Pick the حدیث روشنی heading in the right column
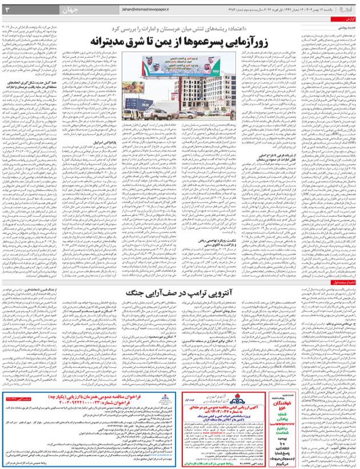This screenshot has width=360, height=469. click(x=346, y=28)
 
